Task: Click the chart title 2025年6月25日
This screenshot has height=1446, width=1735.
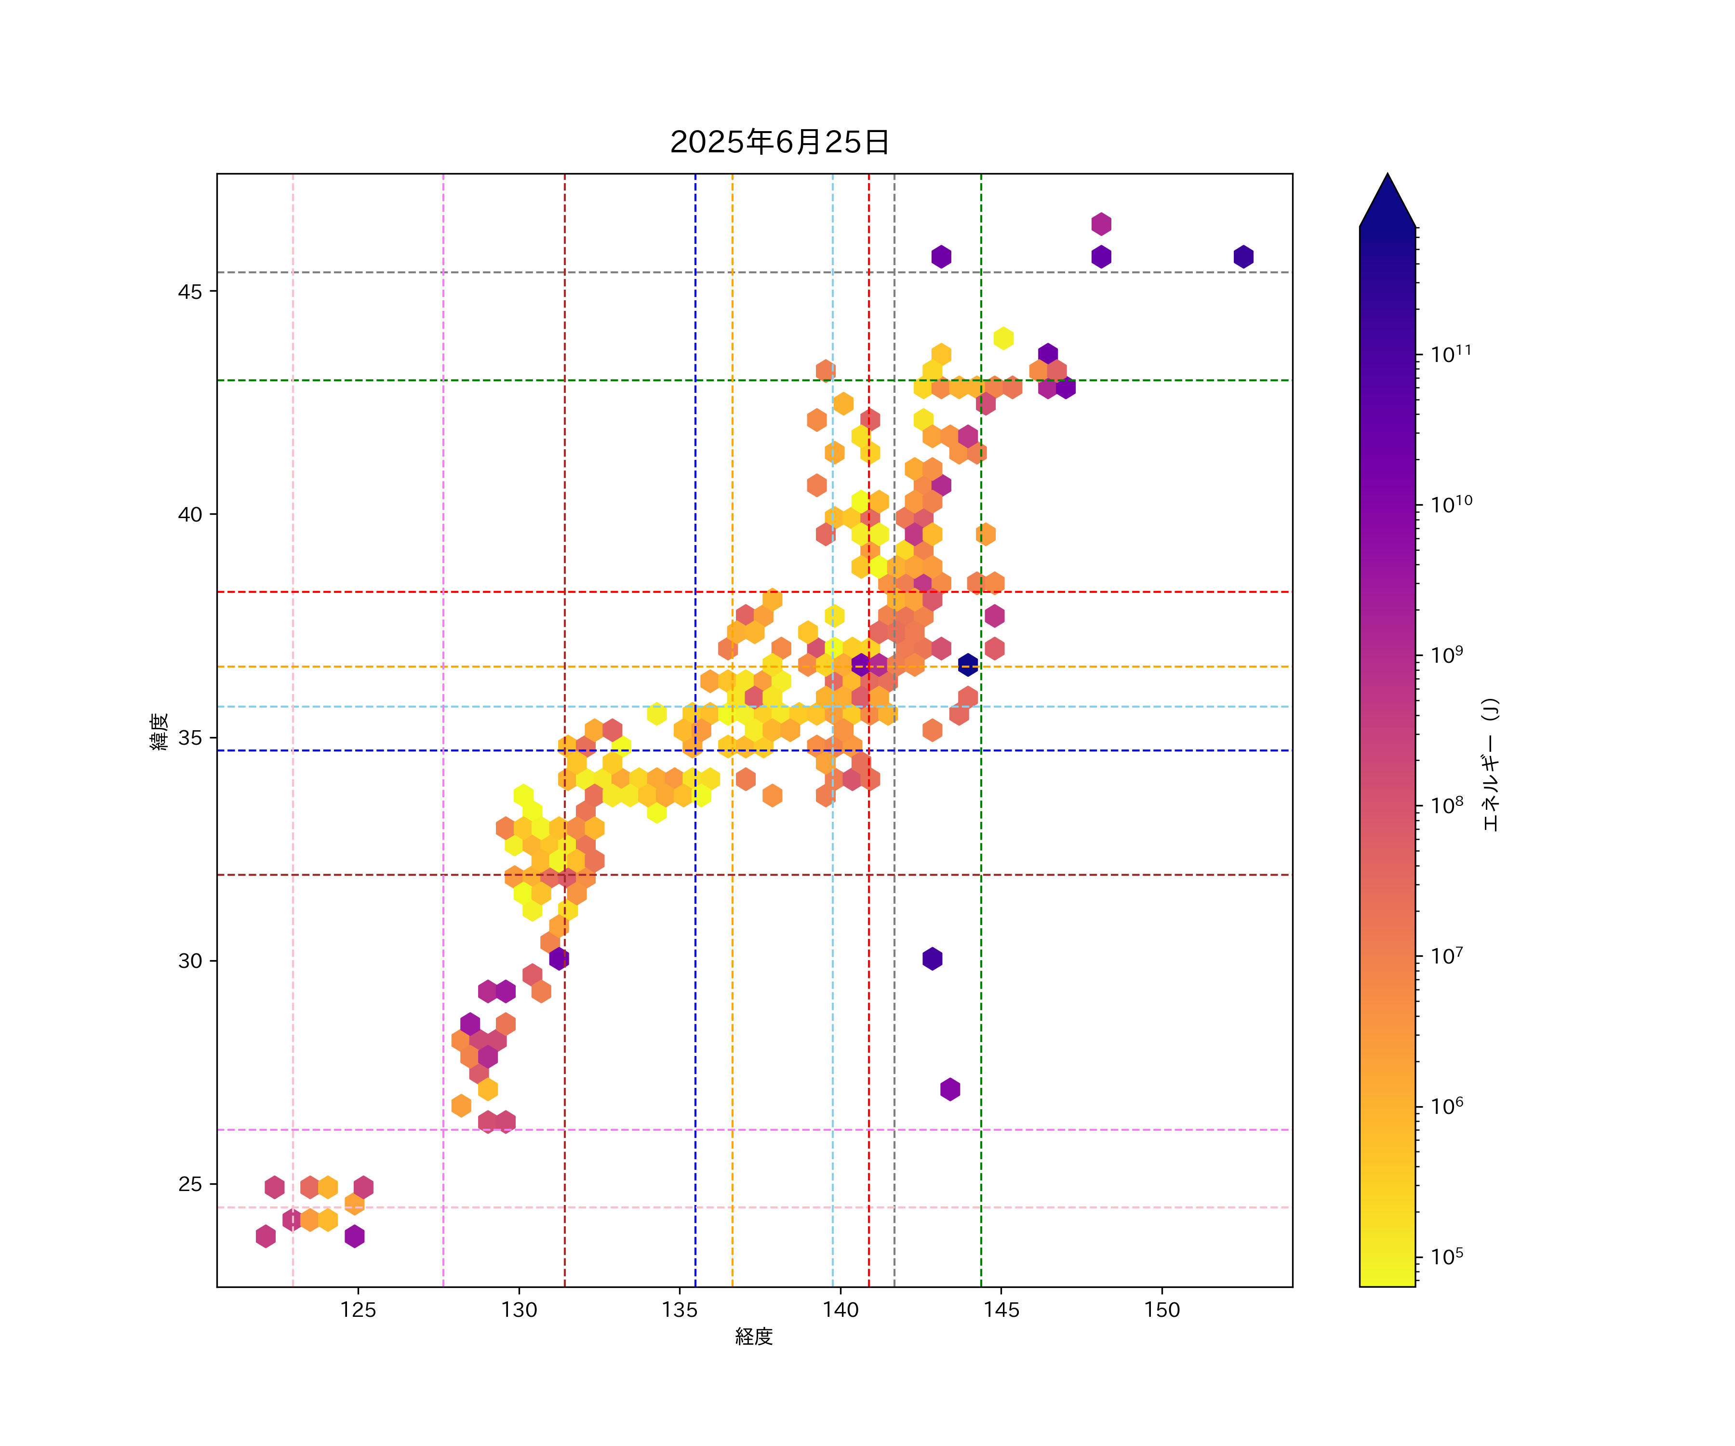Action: click(x=779, y=142)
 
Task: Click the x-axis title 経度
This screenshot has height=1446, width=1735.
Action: click(x=753, y=1336)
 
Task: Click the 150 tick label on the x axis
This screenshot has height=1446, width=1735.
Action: click(x=1161, y=1310)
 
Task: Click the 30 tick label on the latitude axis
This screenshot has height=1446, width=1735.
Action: click(x=190, y=961)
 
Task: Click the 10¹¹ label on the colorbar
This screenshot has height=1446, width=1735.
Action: click(x=1451, y=354)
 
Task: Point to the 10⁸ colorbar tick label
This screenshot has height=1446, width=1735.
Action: click(x=1447, y=805)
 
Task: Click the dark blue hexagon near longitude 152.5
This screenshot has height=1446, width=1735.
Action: click(x=1243, y=257)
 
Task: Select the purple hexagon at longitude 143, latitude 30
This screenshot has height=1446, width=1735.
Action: click(x=932, y=959)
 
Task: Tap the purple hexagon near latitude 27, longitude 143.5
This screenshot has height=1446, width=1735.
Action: click(x=950, y=1089)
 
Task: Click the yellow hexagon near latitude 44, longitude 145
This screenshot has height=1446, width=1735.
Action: click(x=1003, y=338)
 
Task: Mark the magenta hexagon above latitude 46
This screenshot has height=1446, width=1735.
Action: click(x=1100, y=224)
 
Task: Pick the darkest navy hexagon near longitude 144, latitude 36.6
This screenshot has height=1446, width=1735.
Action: click(x=967, y=664)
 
